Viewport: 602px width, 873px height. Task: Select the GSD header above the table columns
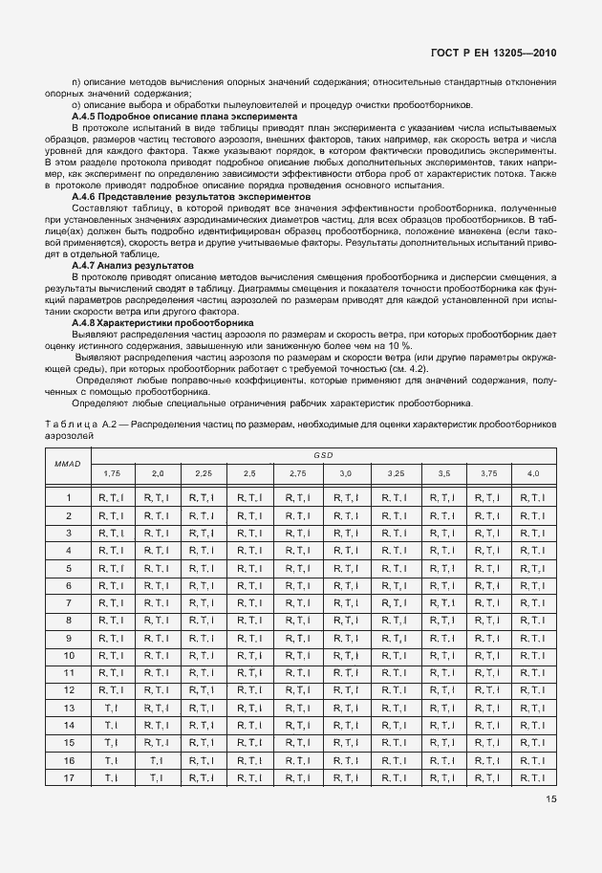pyautogui.click(x=324, y=455)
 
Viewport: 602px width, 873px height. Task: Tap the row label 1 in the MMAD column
pyautogui.click(x=69, y=497)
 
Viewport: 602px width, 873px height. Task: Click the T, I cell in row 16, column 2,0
pyautogui.click(x=157, y=760)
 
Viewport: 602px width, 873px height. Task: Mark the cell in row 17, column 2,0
pyautogui.click(x=157, y=779)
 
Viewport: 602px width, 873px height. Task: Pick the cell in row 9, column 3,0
pyautogui.click(x=345, y=638)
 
